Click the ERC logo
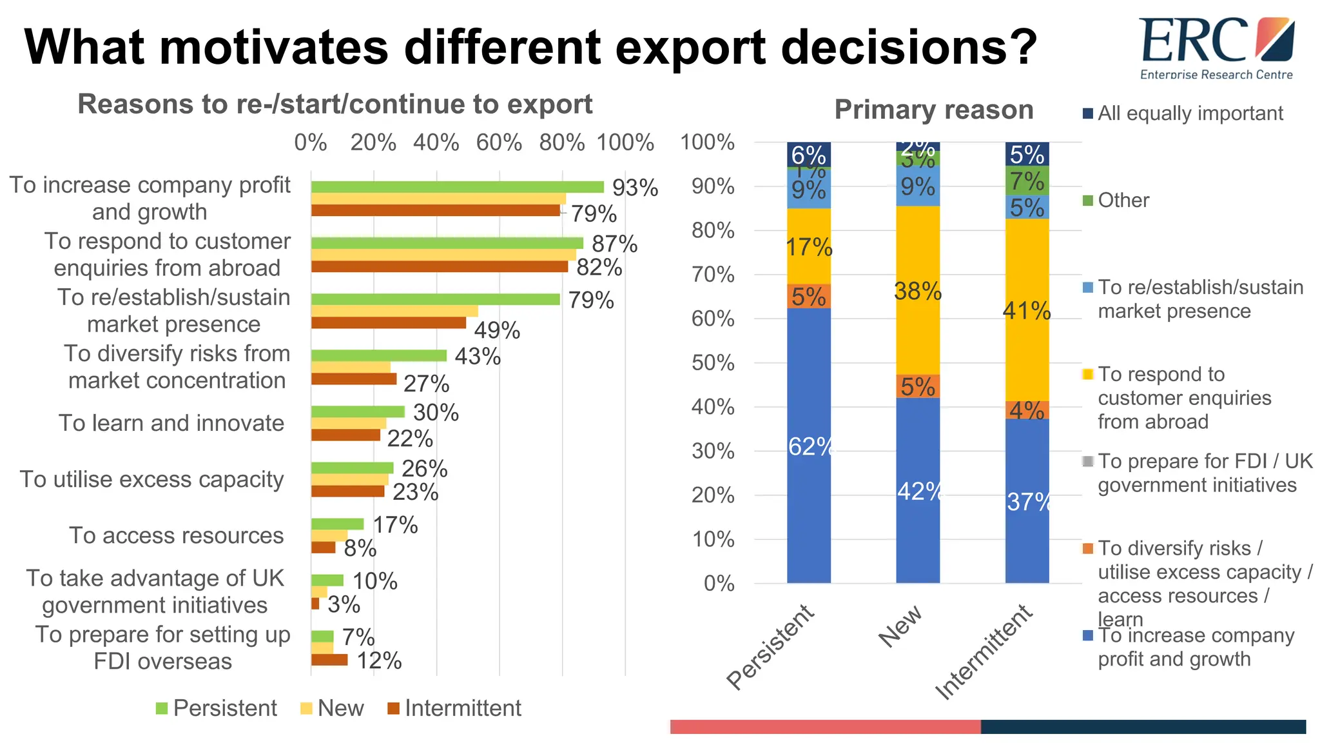(1216, 48)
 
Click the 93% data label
(635, 188)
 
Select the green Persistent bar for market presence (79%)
(435, 299)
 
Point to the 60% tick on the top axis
(499, 143)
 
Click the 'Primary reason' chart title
(933, 110)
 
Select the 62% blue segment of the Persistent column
(808, 445)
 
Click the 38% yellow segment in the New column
(917, 291)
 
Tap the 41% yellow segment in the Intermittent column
(1026, 311)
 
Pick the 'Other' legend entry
(1122, 200)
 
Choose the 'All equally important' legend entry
(1189, 114)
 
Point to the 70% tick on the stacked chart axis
(712, 275)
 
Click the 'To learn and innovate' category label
(171, 423)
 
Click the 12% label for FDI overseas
(379, 660)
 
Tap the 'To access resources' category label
(176, 535)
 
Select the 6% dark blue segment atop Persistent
(808, 155)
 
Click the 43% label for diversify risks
(478, 356)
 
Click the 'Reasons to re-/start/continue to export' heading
(335, 104)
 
